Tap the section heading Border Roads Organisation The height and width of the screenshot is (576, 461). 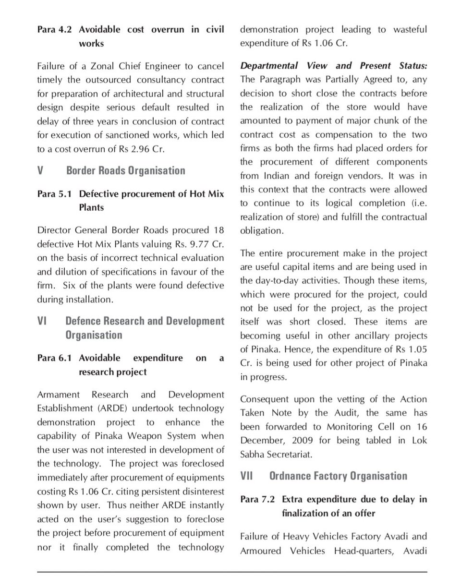(x=125, y=171)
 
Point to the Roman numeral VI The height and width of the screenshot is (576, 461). (x=42, y=321)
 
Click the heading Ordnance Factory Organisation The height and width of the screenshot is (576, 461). (x=338, y=476)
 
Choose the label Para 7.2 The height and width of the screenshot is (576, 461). (x=257, y=500)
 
